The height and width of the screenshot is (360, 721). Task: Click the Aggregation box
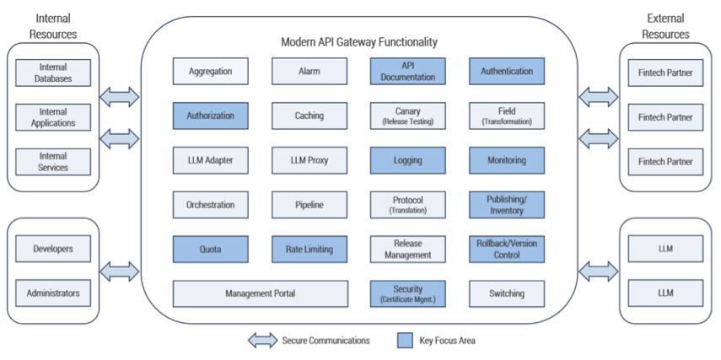coord(210,72)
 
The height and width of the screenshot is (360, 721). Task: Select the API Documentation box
coord(408,72)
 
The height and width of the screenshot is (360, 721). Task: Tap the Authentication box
coord(507,72)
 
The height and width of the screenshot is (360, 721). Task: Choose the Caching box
coord(309,116)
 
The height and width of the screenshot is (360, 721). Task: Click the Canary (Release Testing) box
coord(408,116)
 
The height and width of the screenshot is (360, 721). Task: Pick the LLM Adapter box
coord(210,160)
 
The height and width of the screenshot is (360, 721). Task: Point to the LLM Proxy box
coord(309,160)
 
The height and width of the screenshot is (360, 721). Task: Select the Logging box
coord(408,160)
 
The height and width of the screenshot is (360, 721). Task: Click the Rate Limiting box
coord(309,249)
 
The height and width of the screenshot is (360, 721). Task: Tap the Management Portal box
coord(260,293)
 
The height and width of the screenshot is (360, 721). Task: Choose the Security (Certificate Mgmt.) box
coord(408,293)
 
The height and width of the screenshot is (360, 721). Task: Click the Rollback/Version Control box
coord(507,249)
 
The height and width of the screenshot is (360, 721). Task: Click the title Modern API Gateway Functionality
coord(359,41)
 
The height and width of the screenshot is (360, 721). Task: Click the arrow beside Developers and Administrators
coord(120,271)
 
